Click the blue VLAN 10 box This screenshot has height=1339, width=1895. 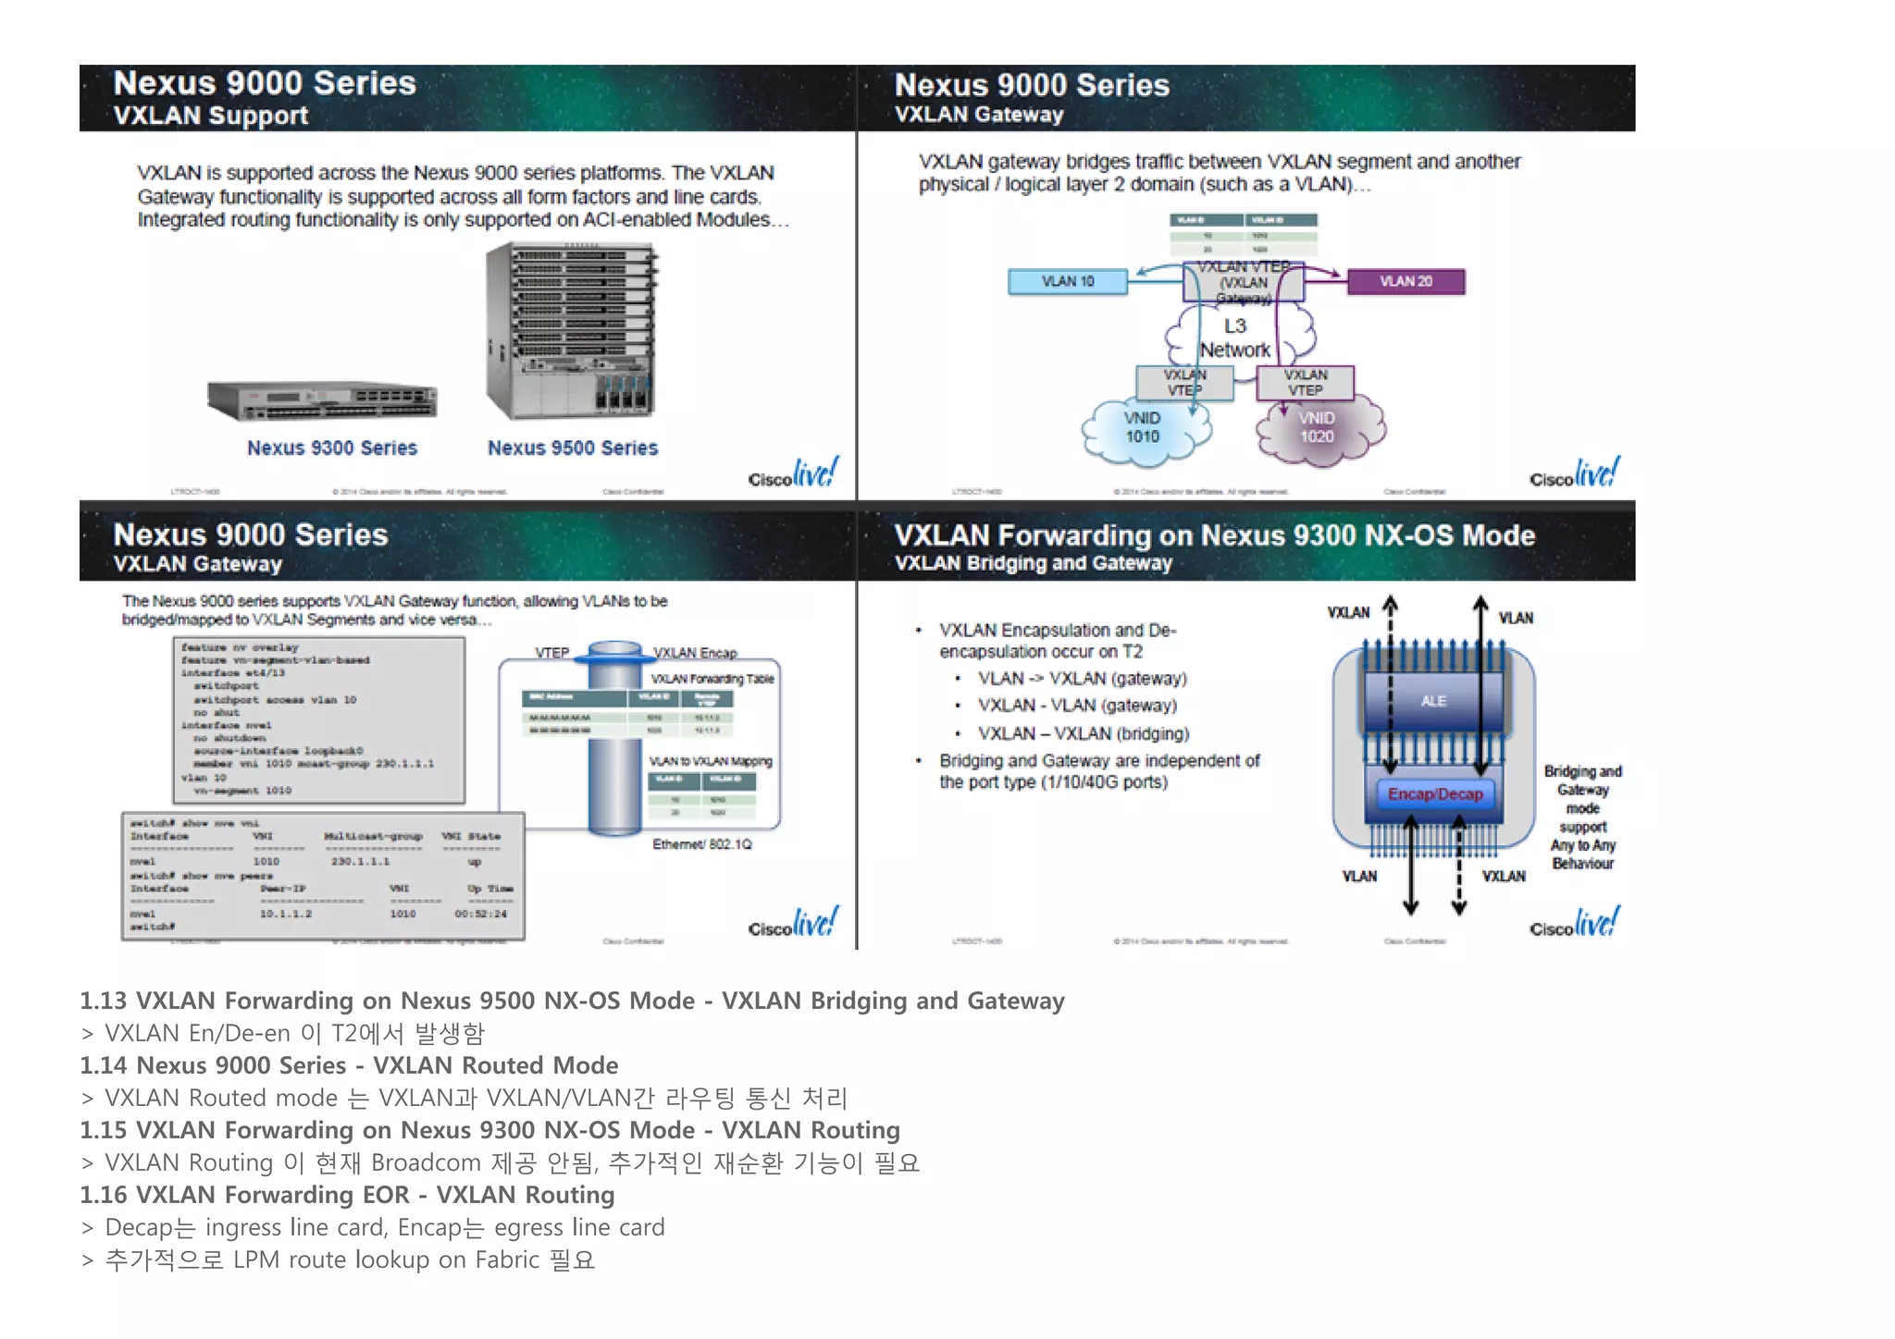[x=1067, y=281]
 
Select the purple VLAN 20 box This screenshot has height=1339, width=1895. [x=1405, y=281]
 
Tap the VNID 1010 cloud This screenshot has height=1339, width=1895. [x=1143, y=428]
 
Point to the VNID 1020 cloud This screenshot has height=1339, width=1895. [x=1317, y=428]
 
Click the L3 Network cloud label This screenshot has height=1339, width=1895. [x=1234, y=338]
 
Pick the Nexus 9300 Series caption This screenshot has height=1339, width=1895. [x=331, y=448]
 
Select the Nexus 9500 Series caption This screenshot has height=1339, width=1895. [x=573, y=448]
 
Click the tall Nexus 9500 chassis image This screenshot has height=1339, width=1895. [x=572, y=331]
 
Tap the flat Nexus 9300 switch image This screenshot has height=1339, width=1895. [x=322, y=400]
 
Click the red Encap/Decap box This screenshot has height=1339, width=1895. [x=1434, y=794]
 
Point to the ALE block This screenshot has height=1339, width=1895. [x=1433, y=701]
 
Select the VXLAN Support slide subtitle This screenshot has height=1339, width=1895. [x=211, y=116]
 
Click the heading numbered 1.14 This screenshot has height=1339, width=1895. [x=349, y=1065]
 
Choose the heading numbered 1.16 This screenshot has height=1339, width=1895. [x=347, y=1195]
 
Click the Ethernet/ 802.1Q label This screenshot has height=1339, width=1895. [x=701, y=844]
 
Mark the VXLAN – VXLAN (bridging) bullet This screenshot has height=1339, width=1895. [x=1083, y=733]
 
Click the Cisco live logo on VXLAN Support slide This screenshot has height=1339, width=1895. [x=793, y=473]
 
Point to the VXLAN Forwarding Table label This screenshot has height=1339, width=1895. [x=712, y=679]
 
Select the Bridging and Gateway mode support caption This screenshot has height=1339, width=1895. [x=1582, y=817]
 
